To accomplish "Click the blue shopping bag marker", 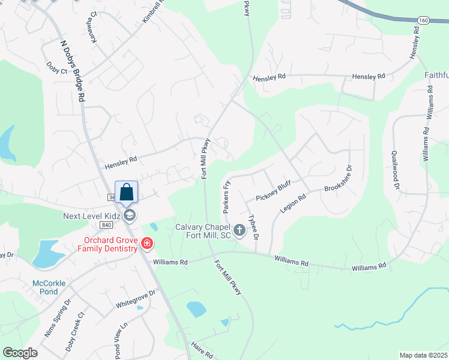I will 126,193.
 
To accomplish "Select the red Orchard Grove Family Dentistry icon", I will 147,243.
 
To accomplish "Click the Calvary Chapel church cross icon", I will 239,230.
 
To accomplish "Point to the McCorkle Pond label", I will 54,287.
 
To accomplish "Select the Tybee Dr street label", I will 254,228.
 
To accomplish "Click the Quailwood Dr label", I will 396,170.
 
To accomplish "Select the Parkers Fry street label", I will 227,197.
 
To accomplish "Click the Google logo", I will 20,353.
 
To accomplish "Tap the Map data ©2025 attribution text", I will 423,355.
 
